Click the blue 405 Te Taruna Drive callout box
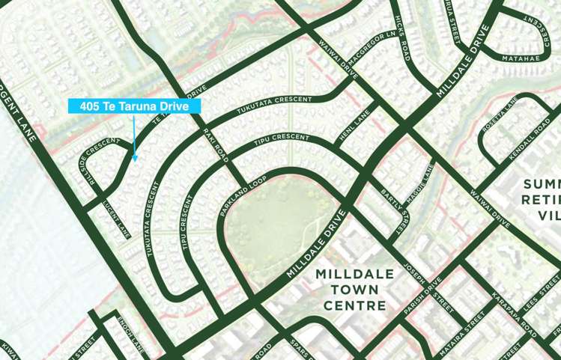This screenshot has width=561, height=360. point(135,106)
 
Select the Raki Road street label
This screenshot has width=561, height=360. point(216,144)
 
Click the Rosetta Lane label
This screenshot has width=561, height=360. point(500,120)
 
